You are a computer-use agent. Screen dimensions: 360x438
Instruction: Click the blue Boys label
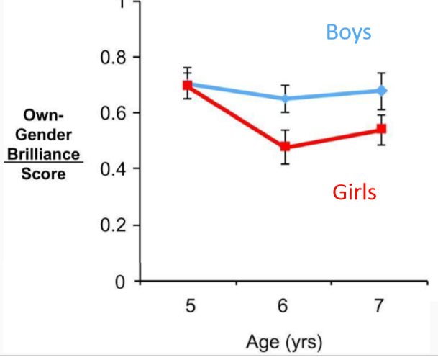click(x=348, y=32)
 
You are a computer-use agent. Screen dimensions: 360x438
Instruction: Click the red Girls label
click(x=355, y=192)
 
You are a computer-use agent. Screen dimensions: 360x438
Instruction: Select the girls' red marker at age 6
click(x=286, y=147)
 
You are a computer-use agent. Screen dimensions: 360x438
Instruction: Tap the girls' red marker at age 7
click(x=381, y=129)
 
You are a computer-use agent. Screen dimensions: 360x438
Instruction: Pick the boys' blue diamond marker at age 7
click(x=382, y=91)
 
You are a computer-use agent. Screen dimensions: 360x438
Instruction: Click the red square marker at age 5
click(x=188, y=85)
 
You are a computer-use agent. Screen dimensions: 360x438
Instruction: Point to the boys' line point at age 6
click(x=286, y=99)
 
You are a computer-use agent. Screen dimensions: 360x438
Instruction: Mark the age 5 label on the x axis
click(x=189, y=307)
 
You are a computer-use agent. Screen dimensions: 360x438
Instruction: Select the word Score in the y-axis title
click(x=43, y=174)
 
